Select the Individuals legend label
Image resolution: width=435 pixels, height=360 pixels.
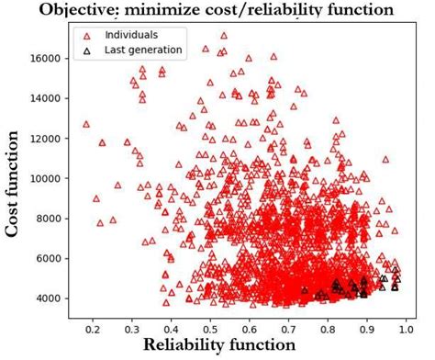[x=132, y=35]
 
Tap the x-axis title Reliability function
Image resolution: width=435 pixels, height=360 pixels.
[x=217, y=344]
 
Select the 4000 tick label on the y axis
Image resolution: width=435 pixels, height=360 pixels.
[x=48, y=298]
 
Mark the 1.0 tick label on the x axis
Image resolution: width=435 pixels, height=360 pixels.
[x=407, y=324]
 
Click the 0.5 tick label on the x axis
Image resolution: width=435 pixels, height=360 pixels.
[x=210, y=324]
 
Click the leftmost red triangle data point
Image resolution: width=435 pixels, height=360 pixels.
[x=86, y=124]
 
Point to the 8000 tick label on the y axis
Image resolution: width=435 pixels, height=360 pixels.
[x=48, y=219]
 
